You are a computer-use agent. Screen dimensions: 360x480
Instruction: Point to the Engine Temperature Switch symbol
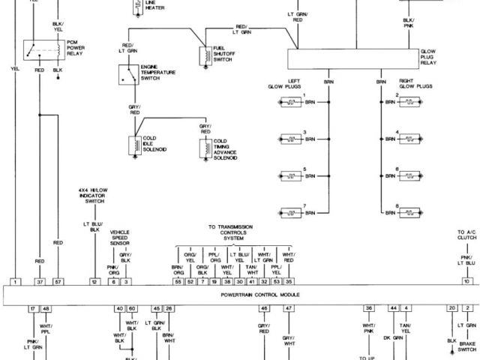128,74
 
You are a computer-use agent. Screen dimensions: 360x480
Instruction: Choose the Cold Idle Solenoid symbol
135,145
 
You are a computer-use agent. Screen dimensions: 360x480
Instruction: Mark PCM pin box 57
58,281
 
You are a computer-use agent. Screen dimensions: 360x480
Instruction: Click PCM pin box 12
94,281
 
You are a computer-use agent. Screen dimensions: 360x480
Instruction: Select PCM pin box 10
466,281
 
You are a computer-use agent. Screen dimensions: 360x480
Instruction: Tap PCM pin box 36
368,308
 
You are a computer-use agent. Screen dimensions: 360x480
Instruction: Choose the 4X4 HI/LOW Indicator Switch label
94,196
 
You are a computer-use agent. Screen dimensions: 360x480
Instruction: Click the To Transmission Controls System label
230,232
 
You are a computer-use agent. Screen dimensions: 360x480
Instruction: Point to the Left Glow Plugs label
284,85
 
